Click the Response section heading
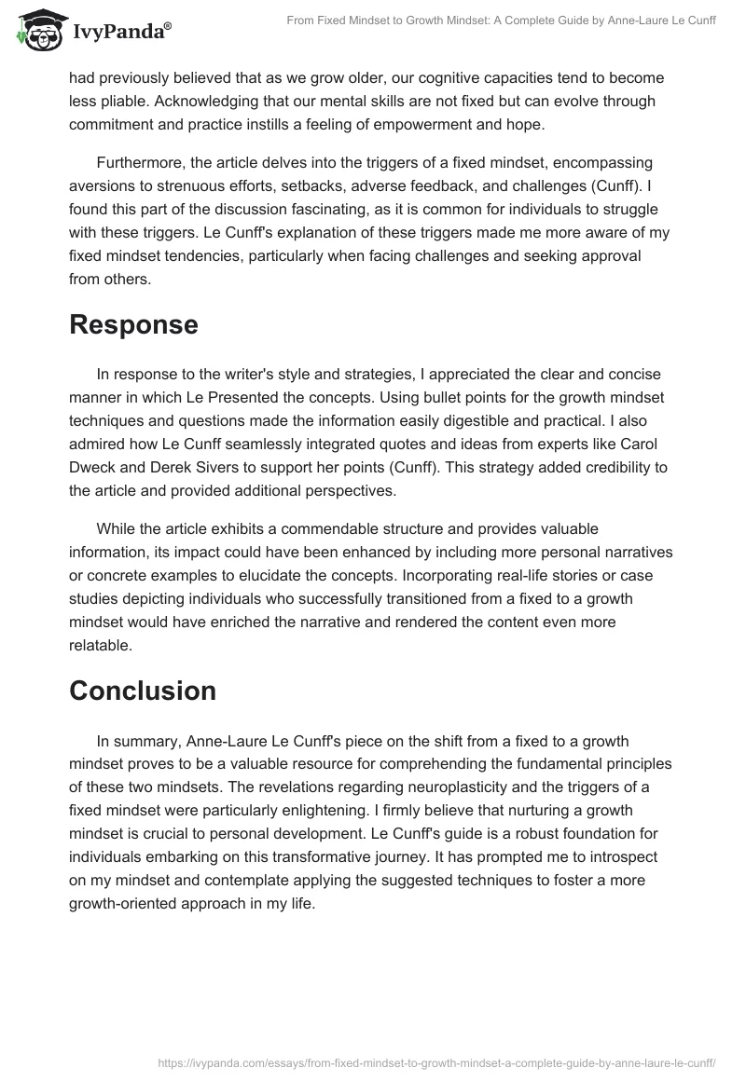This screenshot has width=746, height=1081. (x=133, y=324)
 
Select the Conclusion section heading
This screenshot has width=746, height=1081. (x=143, y=691)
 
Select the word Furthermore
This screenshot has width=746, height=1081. (x=143, y=162)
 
